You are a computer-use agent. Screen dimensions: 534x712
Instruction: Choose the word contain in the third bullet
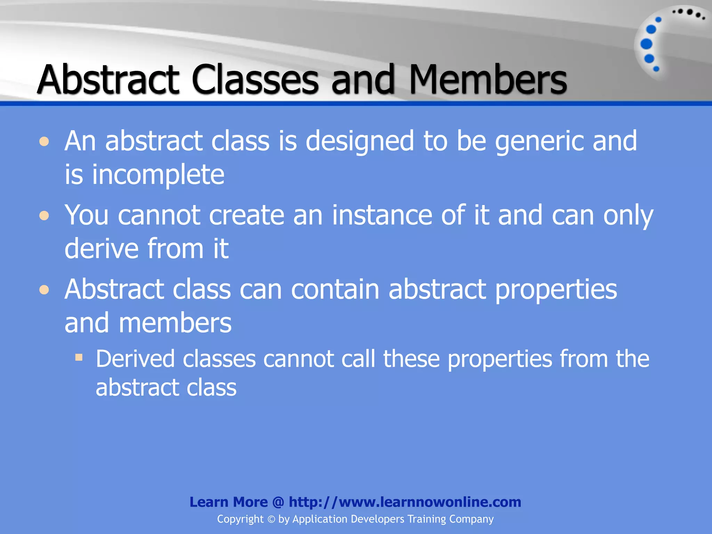point(335,289)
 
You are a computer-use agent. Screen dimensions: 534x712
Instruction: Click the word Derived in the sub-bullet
point(135,359)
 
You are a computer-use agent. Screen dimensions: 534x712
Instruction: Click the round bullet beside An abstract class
point(44,142)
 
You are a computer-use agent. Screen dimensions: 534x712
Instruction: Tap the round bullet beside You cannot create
point(44,216)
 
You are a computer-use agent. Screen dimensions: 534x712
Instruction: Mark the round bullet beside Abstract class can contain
point(44,290)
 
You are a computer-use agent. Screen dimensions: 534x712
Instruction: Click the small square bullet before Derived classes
point(79,357)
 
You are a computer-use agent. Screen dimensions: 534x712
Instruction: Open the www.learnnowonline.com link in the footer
point(405,502)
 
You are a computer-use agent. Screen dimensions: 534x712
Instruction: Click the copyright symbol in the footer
point(271,519)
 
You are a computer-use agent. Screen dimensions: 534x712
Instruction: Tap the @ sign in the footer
point(278,502)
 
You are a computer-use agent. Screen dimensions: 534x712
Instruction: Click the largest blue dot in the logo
point(646,44)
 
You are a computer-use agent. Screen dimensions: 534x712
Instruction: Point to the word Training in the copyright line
point(427,519)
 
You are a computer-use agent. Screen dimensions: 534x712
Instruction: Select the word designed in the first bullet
point(359,141)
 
